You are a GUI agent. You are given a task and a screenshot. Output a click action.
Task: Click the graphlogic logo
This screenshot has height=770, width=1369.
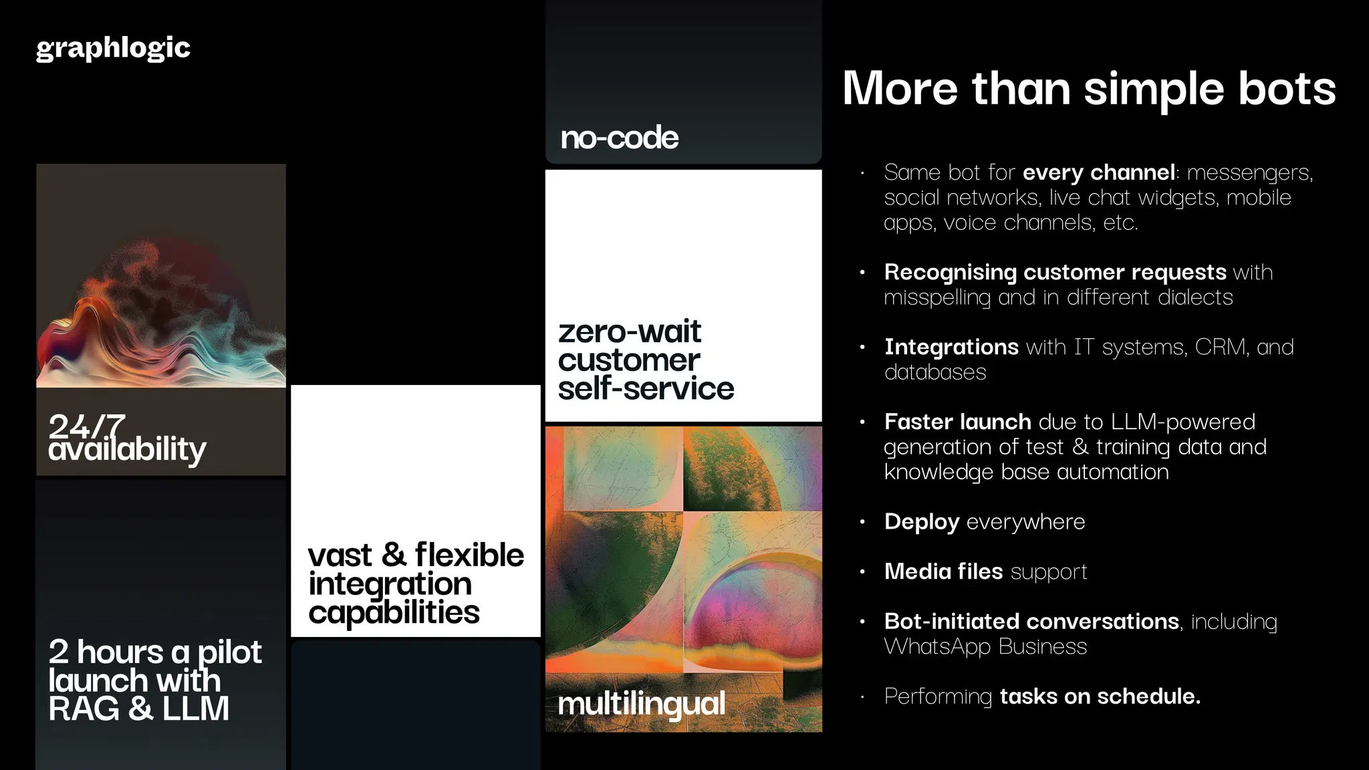coord(113,48)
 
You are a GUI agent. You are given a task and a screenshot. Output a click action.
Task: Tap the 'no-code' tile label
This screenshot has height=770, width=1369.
coord(619,138)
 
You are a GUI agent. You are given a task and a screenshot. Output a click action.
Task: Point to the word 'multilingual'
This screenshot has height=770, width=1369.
coord(641,704)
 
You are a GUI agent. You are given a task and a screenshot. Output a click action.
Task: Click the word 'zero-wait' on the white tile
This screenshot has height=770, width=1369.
coord(629,332)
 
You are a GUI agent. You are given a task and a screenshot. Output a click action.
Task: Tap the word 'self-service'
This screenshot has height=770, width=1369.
coord(646,388)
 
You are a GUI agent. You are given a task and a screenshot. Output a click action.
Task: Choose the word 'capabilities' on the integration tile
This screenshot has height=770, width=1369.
coord(394,612)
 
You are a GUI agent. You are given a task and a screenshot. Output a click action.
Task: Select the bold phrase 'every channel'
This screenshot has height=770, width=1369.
coord(1098,172)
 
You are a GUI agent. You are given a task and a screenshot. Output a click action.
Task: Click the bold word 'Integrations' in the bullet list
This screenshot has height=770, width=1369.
coord(951,347)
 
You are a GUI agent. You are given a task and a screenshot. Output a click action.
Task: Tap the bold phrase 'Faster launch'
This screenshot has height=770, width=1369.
coord(957,422)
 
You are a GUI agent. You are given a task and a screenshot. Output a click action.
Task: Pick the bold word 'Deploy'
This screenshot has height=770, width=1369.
coord(921,521)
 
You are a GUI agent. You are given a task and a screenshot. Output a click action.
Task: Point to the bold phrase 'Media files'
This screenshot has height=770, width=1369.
coord(943,571)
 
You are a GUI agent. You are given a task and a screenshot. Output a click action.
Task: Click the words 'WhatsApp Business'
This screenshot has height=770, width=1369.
coord(985,646)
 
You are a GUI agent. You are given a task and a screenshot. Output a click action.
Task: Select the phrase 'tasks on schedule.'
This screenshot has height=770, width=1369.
coord(1100,696)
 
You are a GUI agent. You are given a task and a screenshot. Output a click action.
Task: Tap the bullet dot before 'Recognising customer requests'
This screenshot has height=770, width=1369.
coord(862,272)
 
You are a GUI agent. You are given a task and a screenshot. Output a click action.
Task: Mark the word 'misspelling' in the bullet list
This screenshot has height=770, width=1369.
coord(937,297)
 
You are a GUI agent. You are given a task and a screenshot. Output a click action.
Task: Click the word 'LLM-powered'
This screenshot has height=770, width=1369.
coord(1183,422)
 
